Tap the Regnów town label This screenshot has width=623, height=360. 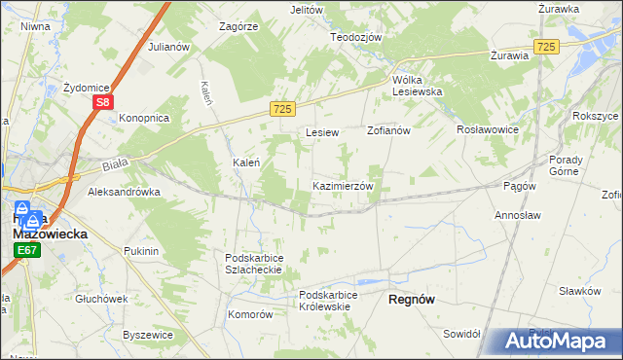pyautogui.click(x=411, y=301)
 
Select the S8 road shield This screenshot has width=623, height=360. pyautogui.click(x=104, y=100)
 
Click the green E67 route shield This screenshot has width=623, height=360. pyautogui.click(x=26, y=250)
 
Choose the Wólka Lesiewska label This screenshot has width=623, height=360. pyautogui.click(x=418, y=85)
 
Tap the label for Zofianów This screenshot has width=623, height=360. pyautogui.click(x=389, y=130)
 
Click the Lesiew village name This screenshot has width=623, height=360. pyautogui.click(x=321, y=131)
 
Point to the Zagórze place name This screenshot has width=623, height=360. pyautogui.click(x=238, y=26)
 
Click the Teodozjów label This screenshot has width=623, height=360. pyautogui.click(x=355, y=36)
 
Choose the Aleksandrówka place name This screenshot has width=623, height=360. pyautogui.click(x=124, y=193)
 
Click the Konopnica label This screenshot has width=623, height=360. pyautogui.click(x=144, y=118)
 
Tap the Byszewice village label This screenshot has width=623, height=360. pyautogui.click(x=148, y=335)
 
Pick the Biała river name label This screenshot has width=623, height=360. pyautogui.click(x=101, y=166)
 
